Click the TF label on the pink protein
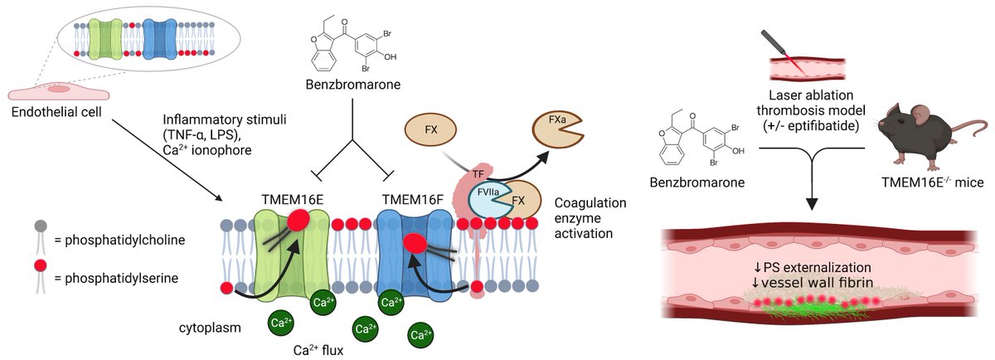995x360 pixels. point(478,175)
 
